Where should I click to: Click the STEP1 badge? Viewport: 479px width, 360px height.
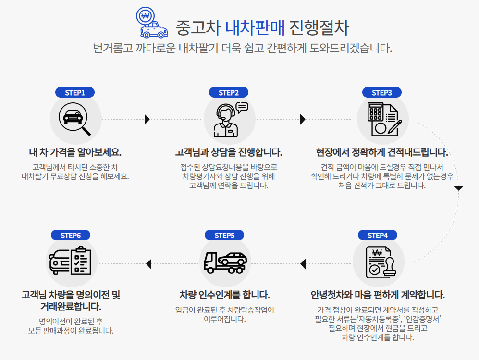[x=74, y=93]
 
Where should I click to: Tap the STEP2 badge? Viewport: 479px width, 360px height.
[x=228, y=93]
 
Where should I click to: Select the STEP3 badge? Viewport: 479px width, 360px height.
[x=382, y=93]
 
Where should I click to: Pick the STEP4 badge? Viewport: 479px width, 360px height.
[x=378, y=235]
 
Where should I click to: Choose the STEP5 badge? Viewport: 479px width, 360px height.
[x=224, y=235]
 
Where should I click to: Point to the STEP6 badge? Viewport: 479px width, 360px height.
[x=71, y=235]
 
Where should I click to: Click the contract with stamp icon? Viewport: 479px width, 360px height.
[x=378, y=262]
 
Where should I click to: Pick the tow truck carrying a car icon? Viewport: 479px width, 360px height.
[x=225, y=262]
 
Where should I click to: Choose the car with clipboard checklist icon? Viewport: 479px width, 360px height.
[x=71, y=262]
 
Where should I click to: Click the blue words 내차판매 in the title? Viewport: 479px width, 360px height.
[x=255, y=27]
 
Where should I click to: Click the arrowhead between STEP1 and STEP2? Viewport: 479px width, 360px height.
[x=147, y=119]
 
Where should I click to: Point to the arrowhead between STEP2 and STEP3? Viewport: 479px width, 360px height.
[x=303, y=119]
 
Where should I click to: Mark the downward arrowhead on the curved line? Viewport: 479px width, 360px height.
[x=459, y=188]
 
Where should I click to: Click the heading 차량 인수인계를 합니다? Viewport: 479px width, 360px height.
[x=224, y=295]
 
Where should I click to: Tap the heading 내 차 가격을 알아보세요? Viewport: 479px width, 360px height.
[x=75, y=152]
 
